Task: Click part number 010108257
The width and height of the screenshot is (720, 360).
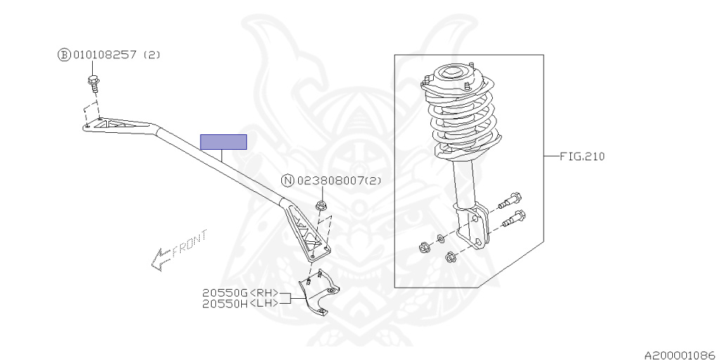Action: [105, 55]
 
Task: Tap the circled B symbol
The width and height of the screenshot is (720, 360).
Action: [64, 55]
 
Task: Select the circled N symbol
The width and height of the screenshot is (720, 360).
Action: [288, 181]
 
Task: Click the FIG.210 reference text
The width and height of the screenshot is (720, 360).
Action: [581, 156]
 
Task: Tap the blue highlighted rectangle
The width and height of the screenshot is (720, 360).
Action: [224, 142]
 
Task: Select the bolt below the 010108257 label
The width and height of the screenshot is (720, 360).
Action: [93, 82]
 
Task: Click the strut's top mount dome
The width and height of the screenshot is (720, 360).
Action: [449, 74]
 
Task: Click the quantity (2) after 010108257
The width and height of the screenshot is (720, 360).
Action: [152, 55]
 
